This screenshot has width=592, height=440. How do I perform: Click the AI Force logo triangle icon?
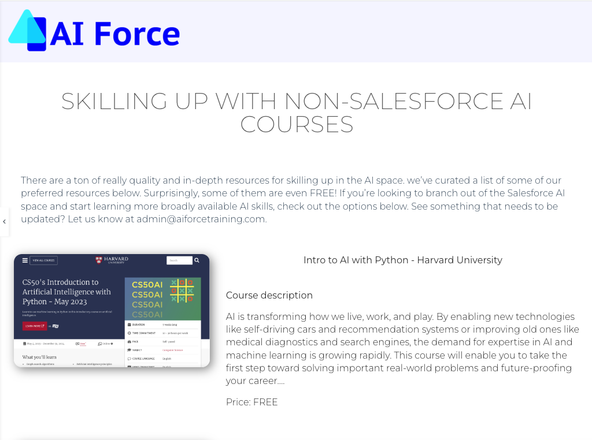(x=27, y=30)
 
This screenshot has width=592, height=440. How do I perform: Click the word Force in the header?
(x=136, y=34)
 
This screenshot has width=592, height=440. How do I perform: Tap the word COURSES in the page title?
(x=297, y=125)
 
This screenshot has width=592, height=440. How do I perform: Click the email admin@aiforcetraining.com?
(x=201, y=219)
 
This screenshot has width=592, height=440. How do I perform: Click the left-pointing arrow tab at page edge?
(x=4, y=222)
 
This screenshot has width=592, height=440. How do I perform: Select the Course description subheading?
(x=269, y=295)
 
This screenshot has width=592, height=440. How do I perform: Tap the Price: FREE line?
(x=251, y=402)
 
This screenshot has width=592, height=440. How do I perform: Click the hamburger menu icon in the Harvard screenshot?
(x=25, y=260)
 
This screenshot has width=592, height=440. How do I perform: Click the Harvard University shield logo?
(x=99, y=260)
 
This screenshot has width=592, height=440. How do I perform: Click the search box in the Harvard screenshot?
(x=179, y=260)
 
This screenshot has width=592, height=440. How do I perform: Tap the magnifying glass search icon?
(x=197, y=260)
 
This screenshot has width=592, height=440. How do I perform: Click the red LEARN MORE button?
(x=34, y=326)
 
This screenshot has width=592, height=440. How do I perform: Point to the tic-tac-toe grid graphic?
(x=182, y=290)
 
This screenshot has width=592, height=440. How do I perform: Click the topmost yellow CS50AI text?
(x=147, y=285)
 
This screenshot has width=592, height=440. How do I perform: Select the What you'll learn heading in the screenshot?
(x=39, y=357)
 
